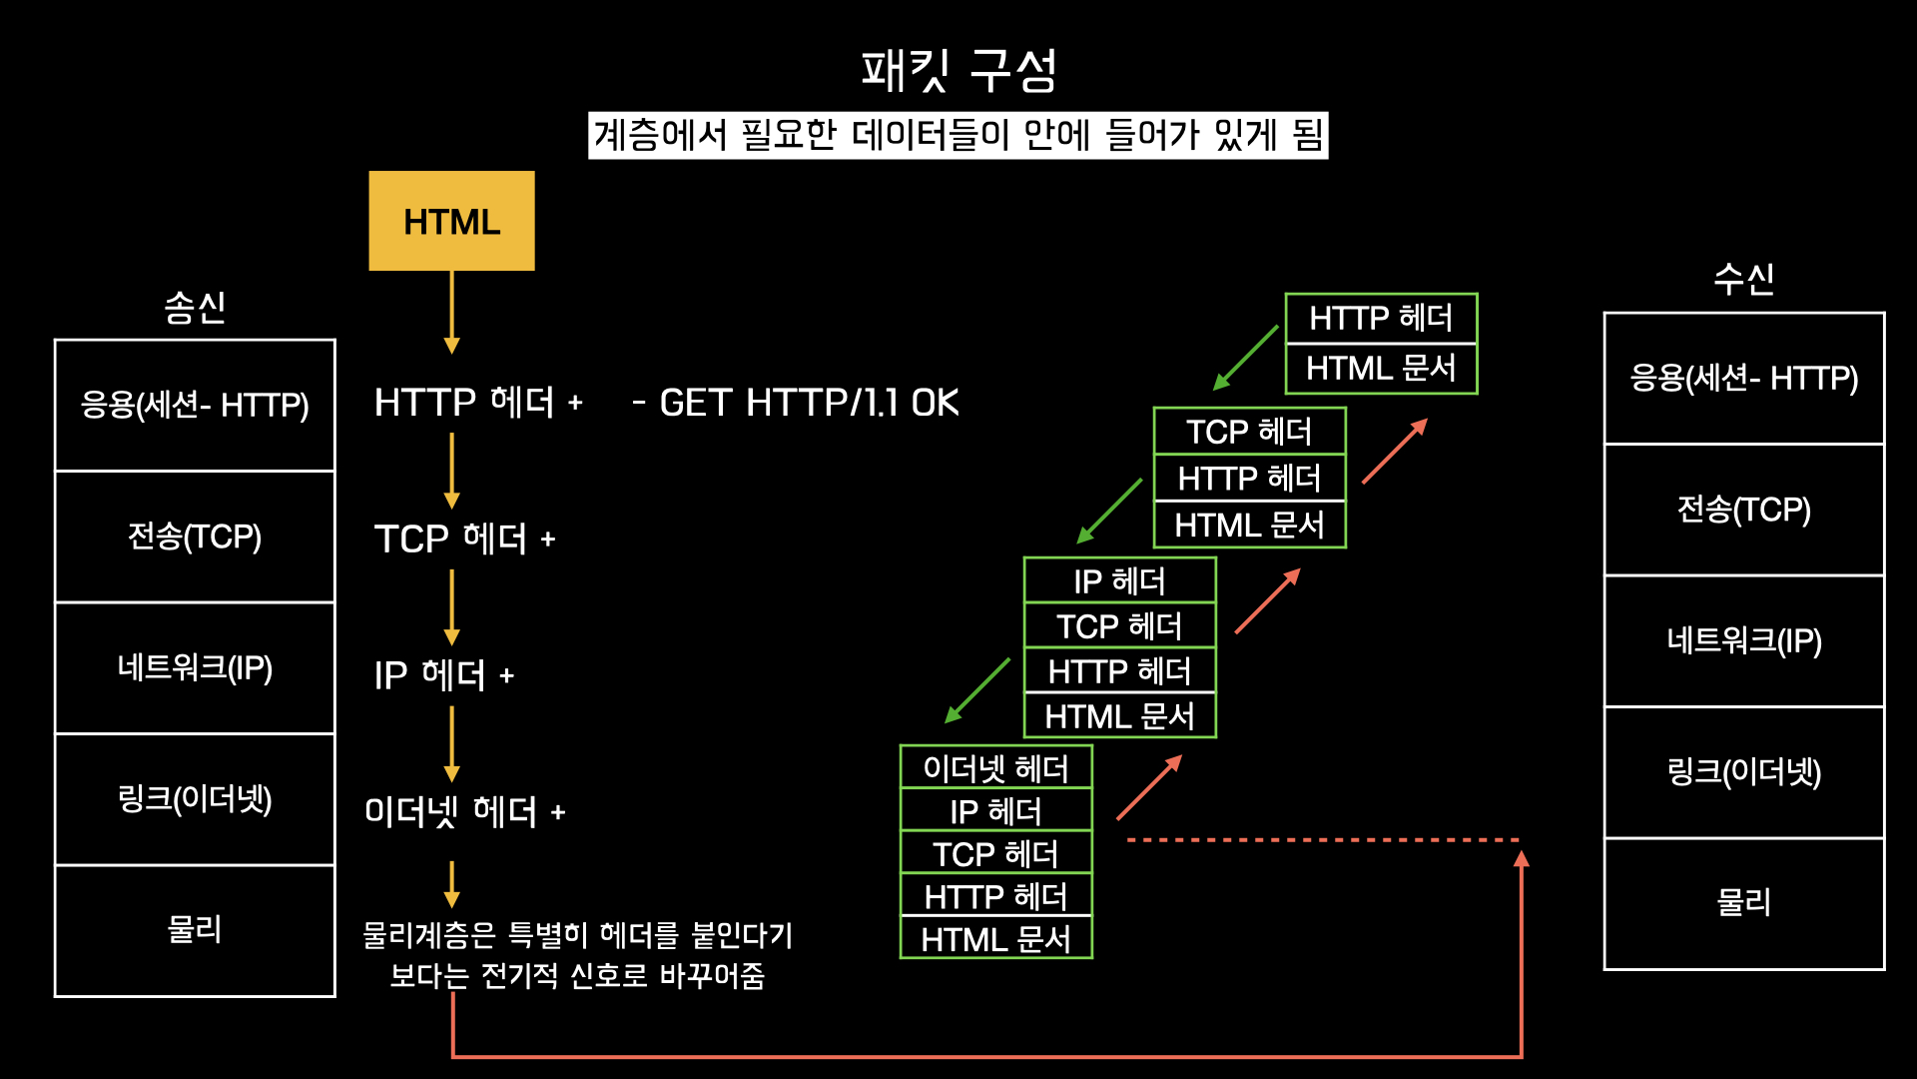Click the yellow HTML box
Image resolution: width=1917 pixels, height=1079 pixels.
pos(451,221)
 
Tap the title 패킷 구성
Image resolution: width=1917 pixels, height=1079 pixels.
pos(958,70)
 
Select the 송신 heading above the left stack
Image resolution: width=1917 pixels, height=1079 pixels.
pos(195,307)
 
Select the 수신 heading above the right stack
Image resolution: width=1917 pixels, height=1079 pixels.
pos(1743,278)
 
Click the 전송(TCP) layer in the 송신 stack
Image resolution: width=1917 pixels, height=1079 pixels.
pos(195,537)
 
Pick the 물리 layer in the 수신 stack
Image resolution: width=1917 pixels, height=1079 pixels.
pos(1743,903)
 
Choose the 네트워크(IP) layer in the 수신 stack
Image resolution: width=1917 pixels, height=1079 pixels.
pos(1743,640)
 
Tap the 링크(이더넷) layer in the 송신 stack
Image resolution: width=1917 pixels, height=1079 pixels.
pos(195,799)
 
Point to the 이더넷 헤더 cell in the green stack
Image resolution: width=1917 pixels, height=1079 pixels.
pos(995,768)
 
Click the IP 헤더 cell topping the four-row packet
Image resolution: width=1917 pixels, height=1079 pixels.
pos(1119,580)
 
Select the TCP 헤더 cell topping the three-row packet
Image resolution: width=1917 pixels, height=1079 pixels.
pos(1249,432)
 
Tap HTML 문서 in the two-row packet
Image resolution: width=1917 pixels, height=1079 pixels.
pos(1381,369)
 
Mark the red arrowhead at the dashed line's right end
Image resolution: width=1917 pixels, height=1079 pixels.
pos(1521,858)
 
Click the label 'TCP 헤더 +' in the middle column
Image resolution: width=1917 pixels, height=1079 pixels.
pos(464,539)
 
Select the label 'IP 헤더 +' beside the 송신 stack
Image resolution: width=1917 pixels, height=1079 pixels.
pos(443,675)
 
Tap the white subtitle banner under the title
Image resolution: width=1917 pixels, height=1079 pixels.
pos(958,135)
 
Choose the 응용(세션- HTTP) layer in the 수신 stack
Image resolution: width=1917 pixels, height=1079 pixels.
pos(1743,378)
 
